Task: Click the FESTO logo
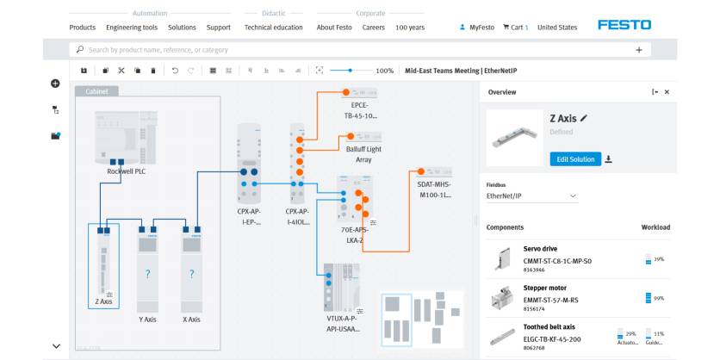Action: pos(624,25)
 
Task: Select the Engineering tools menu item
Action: pos(138,28)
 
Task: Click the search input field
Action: pos(344,50)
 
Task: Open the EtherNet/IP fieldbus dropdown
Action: pos(531,196)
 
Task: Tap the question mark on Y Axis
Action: pos(147,274)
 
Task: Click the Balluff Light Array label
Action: pos(363,154)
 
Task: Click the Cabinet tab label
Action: pos(96,90)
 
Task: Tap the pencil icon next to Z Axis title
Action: pos(584,118)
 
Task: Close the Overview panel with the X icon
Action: pos(667,91)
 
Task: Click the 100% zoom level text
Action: pos(385,71)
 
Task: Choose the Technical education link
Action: pos(273,28)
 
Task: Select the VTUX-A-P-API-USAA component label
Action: pos(344,323)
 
